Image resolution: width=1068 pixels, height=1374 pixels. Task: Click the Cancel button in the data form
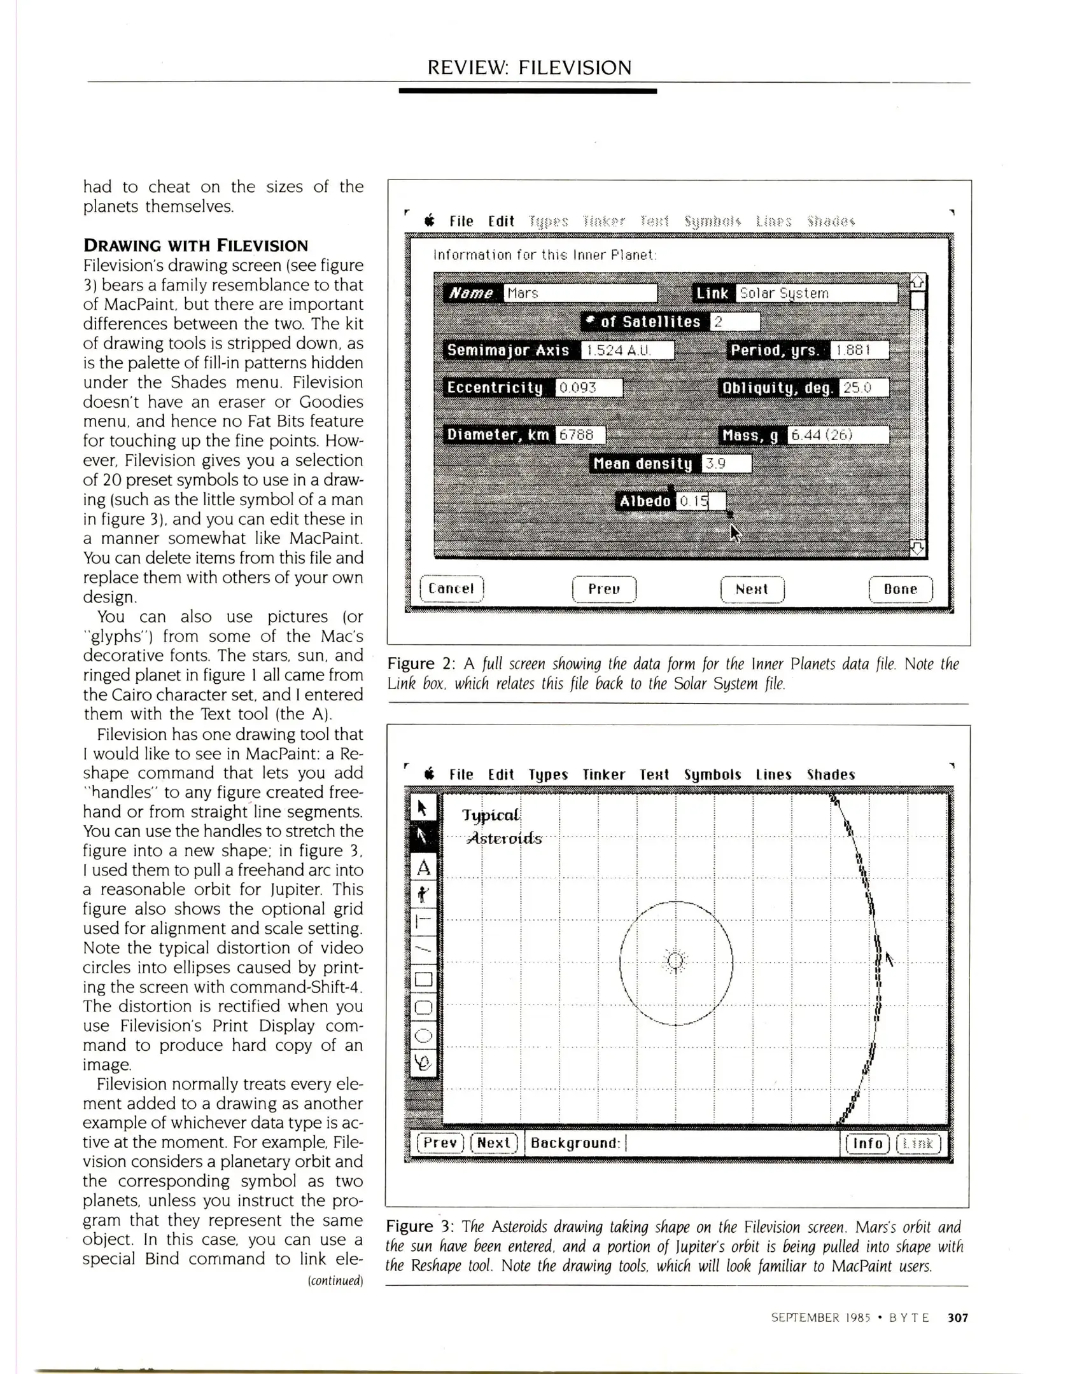pyautogui.click(x=451, y=588)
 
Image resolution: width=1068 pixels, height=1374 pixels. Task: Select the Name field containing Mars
pyautogui.click(x=580, y=293)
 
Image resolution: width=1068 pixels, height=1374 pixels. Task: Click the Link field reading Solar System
pyautogui.click(x=816, y=293)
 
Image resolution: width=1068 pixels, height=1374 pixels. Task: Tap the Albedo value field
pyautogui.click(x=700, y=501)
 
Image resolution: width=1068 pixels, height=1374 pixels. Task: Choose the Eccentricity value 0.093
pyautogui.click(x=589, y=388)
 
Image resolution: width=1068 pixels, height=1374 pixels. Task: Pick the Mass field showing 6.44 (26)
pyautogui.click(x=838, y=435)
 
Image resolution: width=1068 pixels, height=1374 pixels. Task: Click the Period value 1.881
pyautogui.click(x=859, y=350)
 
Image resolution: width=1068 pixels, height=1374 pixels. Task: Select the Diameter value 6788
pyautogui.click(x=580, y=435)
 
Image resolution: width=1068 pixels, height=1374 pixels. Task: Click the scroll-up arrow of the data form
pyautogui.click(x=917, y=282)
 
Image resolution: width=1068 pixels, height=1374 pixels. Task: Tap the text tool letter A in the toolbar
pyautogui.click(x=423, y=868)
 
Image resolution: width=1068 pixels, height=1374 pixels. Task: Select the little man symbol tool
pyautogui.click(x=423, y=895)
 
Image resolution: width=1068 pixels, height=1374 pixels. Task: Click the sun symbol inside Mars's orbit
pyautogui.click(x=675, y=961)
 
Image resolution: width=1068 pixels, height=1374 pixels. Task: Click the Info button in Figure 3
pyautogui.click(x=867, y=1143)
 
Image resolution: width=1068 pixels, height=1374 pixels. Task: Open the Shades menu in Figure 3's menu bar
pyautogui.click(x=831, y=775)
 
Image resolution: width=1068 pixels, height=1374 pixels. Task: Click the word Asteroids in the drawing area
pyautogui.click(x=504, y=838)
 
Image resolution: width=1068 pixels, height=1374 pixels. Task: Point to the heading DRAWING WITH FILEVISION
pyautogui.click(x=195, y=246)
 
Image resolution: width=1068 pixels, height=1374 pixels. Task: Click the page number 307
pyautogui.click(x=957, y=1317)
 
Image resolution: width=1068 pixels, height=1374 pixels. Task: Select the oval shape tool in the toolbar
pyautogui.click(x=423, y=1036)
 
